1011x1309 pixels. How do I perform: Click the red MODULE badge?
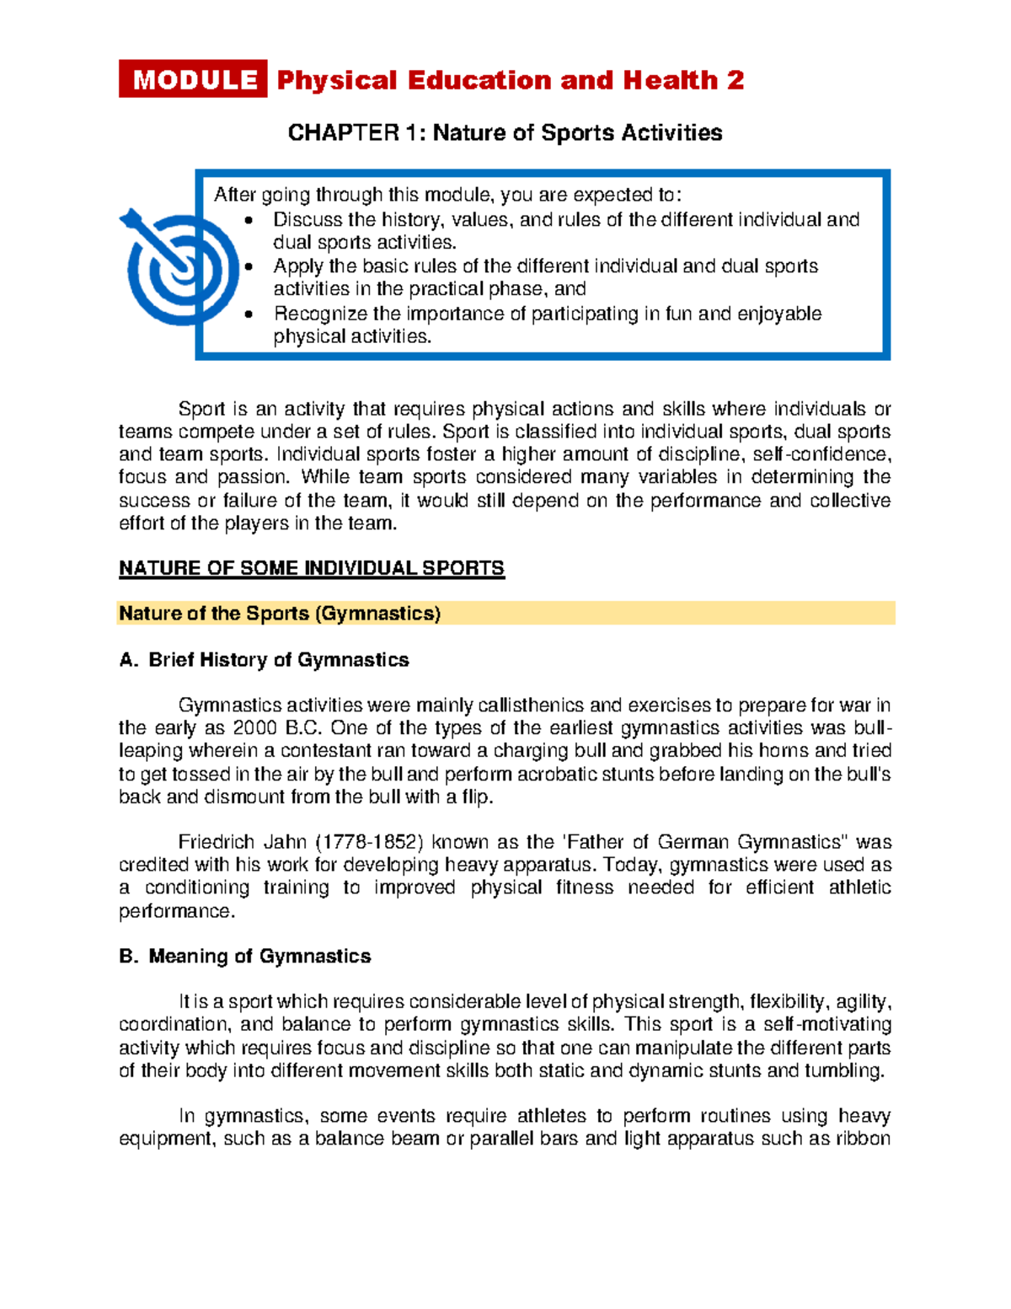[193, 79]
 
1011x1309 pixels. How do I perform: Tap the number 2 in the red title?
[736, 80]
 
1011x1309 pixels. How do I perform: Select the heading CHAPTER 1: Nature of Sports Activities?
[505, 133]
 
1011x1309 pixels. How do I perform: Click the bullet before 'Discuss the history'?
[248, 221]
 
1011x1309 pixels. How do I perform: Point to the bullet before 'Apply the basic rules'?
[248, 267]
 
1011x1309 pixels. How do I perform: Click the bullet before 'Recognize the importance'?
[248, 314]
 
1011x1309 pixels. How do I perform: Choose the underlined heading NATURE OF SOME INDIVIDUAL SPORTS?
[311, 568]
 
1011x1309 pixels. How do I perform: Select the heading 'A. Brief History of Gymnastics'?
[264, 660]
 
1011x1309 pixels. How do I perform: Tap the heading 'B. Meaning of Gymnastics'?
[244, 956]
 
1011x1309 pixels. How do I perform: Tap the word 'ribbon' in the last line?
[863, 1139]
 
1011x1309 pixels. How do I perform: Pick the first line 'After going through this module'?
[447, 196]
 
